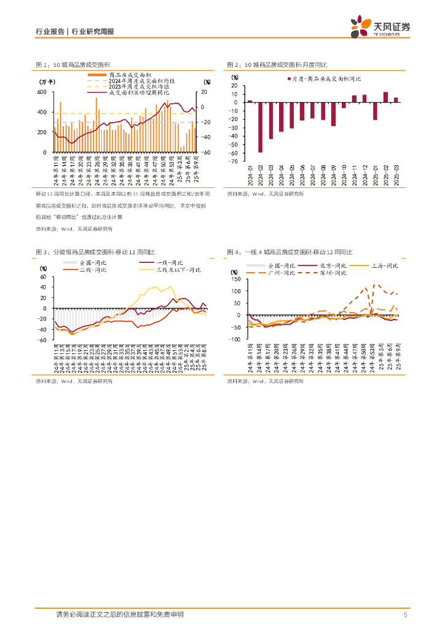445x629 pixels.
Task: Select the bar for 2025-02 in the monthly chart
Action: point(385,96)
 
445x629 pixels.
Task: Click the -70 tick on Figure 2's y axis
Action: point(234,162)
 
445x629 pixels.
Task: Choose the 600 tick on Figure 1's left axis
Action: point(42,92)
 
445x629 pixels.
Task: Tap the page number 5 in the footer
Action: point(405,615)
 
